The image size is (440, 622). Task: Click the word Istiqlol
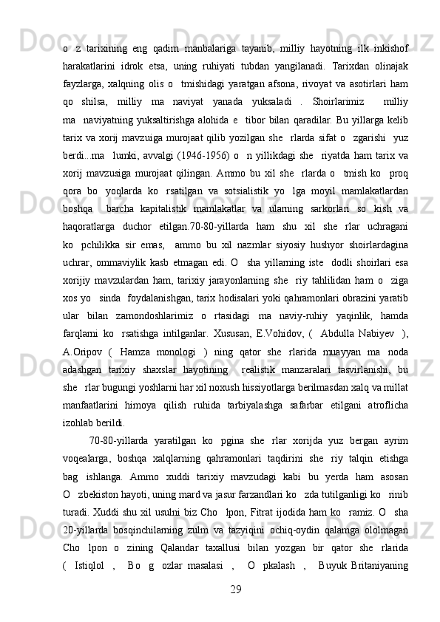click(89, 590)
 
